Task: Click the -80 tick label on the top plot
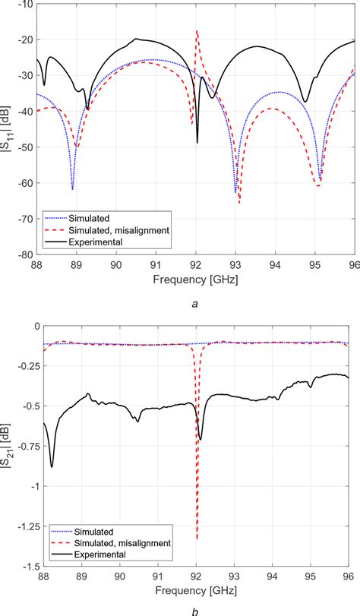[26, 254]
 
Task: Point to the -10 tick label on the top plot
[26, 4]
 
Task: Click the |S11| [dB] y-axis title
[7, 129]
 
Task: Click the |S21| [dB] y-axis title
[7, 447]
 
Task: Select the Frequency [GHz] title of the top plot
[196, 279]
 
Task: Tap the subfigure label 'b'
[196, 611]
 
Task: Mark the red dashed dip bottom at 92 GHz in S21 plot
[197, 539]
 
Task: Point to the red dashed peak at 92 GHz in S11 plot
[197, 31]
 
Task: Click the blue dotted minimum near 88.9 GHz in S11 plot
[73, 188]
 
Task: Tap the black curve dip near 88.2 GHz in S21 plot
[52, 466]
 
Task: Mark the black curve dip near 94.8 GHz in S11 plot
[305, 102]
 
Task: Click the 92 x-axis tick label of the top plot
[196, 265]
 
